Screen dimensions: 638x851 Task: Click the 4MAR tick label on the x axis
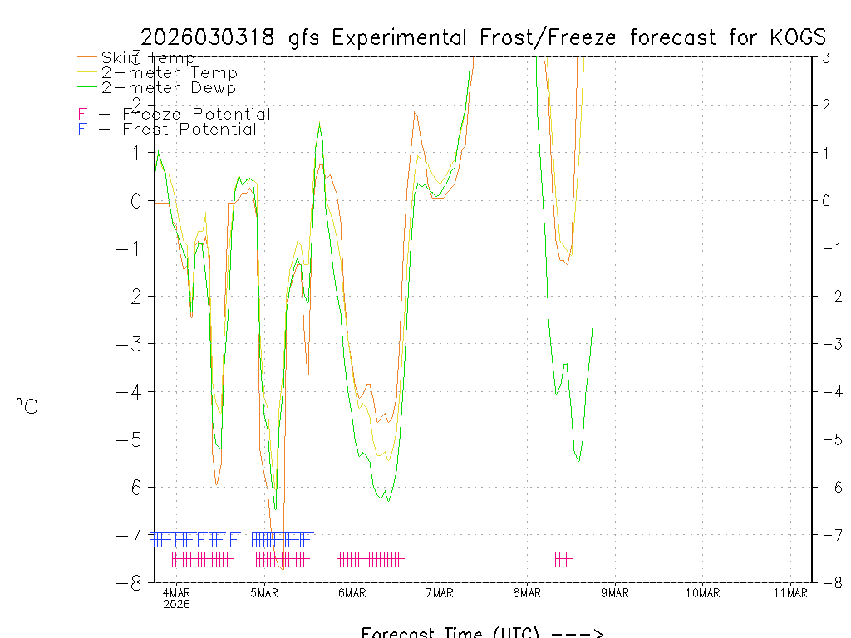pos(177,592)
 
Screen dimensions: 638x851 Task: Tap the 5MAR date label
pos(264,592)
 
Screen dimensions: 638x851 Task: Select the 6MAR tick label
pos(352,592)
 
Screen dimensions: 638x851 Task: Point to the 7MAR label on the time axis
pos(440,592)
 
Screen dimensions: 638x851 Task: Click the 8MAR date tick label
pos(528,592)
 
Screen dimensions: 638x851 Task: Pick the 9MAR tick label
pos(615,592)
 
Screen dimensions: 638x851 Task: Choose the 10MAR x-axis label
pos(703,592)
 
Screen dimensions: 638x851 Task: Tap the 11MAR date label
pos(790,592)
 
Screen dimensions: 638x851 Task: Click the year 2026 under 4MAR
pos(177,604)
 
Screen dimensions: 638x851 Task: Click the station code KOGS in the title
pos(795,37)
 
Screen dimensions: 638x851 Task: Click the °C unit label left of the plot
pos(27,407)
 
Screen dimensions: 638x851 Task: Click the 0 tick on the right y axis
pos(826,200)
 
